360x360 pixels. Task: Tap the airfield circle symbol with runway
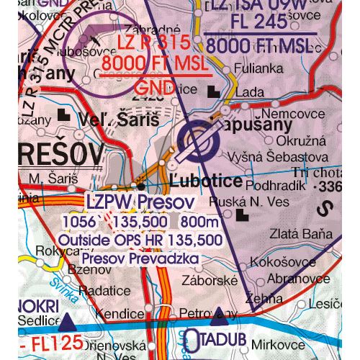click(x=199, y=141)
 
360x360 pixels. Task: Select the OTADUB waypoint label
click(x=212, y=338)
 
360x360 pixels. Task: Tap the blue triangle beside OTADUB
click(x=220, y=313)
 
